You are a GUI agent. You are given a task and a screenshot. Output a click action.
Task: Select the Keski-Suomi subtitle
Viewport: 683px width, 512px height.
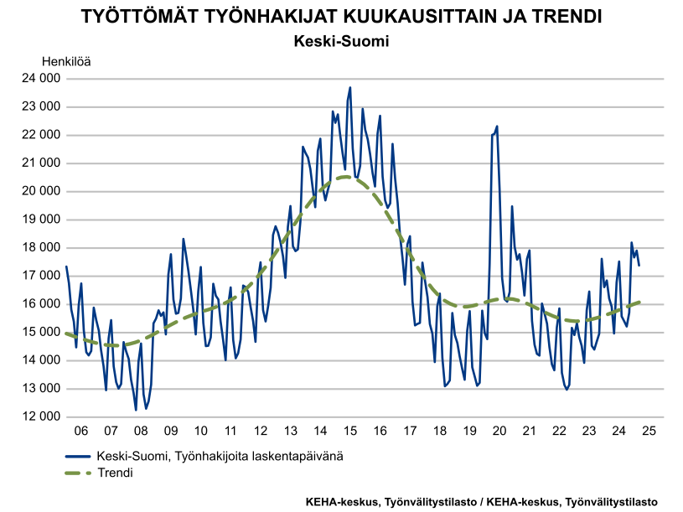coord(341,41)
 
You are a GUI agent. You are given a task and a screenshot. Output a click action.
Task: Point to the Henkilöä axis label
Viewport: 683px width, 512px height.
coord(66,61)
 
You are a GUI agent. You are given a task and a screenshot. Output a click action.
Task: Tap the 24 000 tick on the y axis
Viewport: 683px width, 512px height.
coord(40,79)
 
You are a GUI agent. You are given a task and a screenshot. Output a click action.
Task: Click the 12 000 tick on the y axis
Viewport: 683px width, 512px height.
coord(40,417)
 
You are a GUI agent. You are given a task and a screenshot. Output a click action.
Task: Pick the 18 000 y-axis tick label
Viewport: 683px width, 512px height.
coord(40,248)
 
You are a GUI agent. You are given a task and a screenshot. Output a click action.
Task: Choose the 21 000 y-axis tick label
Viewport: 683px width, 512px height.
coord(40,163)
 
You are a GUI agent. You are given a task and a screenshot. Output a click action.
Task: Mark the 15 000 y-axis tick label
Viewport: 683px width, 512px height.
coord(40,333)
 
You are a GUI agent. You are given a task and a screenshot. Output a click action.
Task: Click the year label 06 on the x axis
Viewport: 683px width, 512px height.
coord(81,431)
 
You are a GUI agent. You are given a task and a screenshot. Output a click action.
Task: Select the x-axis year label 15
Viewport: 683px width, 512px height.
coord(350,431)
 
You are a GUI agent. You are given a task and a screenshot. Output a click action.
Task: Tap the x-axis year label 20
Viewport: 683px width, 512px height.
coord(499,431)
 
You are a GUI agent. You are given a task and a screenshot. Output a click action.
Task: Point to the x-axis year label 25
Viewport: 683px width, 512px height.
coord(649,431)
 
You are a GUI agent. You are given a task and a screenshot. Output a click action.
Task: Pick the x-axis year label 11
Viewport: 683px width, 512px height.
coord(230,431)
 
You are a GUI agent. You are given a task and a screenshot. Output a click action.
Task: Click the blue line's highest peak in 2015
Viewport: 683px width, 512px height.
coord(349,87)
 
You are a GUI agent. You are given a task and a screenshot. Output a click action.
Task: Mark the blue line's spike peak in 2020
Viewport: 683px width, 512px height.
coord(497,127)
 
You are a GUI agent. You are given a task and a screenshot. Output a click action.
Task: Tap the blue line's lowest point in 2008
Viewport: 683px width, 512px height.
coord(136,410)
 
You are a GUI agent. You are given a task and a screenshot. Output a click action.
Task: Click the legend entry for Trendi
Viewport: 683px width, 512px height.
coord(115,473)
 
